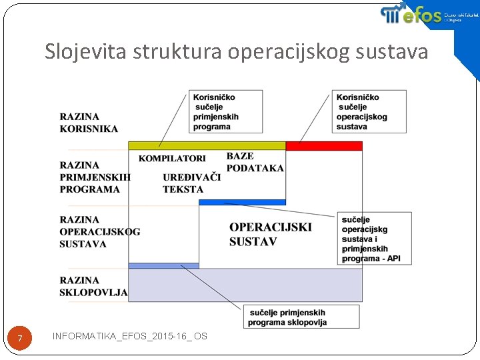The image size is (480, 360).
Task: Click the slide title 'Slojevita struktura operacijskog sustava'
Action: click(236, 52)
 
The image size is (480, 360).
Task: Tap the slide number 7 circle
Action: click(20, 339)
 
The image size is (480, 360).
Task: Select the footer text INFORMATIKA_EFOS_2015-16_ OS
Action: click(129, 336)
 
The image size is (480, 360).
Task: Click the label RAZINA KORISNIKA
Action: click(89, 123)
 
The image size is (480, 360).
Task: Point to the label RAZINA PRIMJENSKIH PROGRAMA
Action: click(94, 177)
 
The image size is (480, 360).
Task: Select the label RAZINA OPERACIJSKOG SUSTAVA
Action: click(99, 231)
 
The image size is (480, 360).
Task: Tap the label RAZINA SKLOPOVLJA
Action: click(93, 286)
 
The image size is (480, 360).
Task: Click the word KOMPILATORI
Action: click(172, 159)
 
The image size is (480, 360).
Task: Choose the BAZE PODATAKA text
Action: click(255, 162)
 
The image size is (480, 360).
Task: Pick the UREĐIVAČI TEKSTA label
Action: click(191, 183)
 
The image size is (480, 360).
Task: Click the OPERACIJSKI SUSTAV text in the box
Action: click(269, 234)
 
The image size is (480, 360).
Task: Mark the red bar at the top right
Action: click(324, 145)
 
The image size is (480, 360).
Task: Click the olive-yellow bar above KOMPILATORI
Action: click(207, 145)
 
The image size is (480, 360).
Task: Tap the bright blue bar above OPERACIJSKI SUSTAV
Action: click(242, 201)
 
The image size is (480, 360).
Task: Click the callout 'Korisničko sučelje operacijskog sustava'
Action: click(369, 111)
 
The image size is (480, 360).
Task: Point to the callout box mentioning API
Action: click(375, 238)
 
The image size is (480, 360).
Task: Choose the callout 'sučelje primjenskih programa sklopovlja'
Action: click(301, 317)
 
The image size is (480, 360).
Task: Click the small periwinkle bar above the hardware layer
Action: click(163, 265)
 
